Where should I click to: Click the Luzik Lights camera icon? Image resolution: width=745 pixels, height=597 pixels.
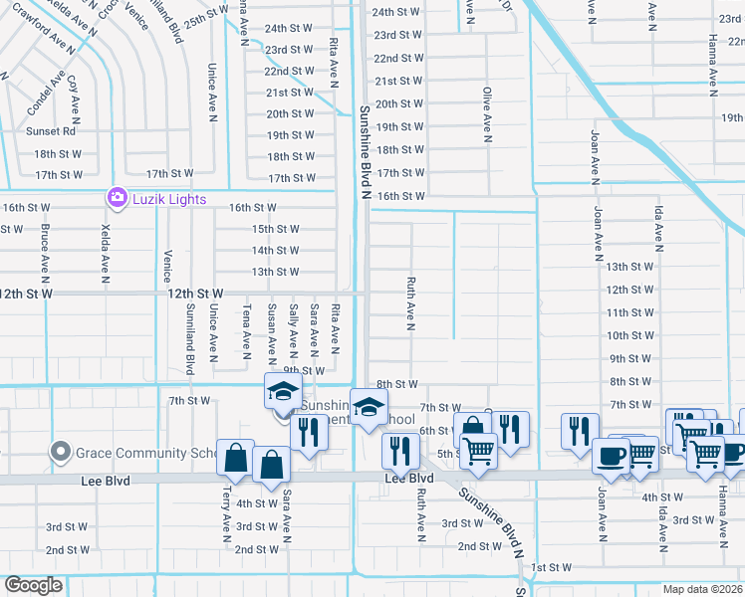[118, 199]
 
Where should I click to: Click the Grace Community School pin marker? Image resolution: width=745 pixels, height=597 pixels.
[61, 453]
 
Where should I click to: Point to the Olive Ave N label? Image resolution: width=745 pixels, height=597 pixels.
[488, 111]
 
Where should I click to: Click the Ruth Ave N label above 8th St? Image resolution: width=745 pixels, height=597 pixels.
[409, 303]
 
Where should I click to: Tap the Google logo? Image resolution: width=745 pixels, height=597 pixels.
[34, 585]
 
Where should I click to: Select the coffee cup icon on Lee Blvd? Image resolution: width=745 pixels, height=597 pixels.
[612, 456]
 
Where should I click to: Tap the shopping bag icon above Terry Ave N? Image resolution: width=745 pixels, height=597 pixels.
[236, 459]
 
